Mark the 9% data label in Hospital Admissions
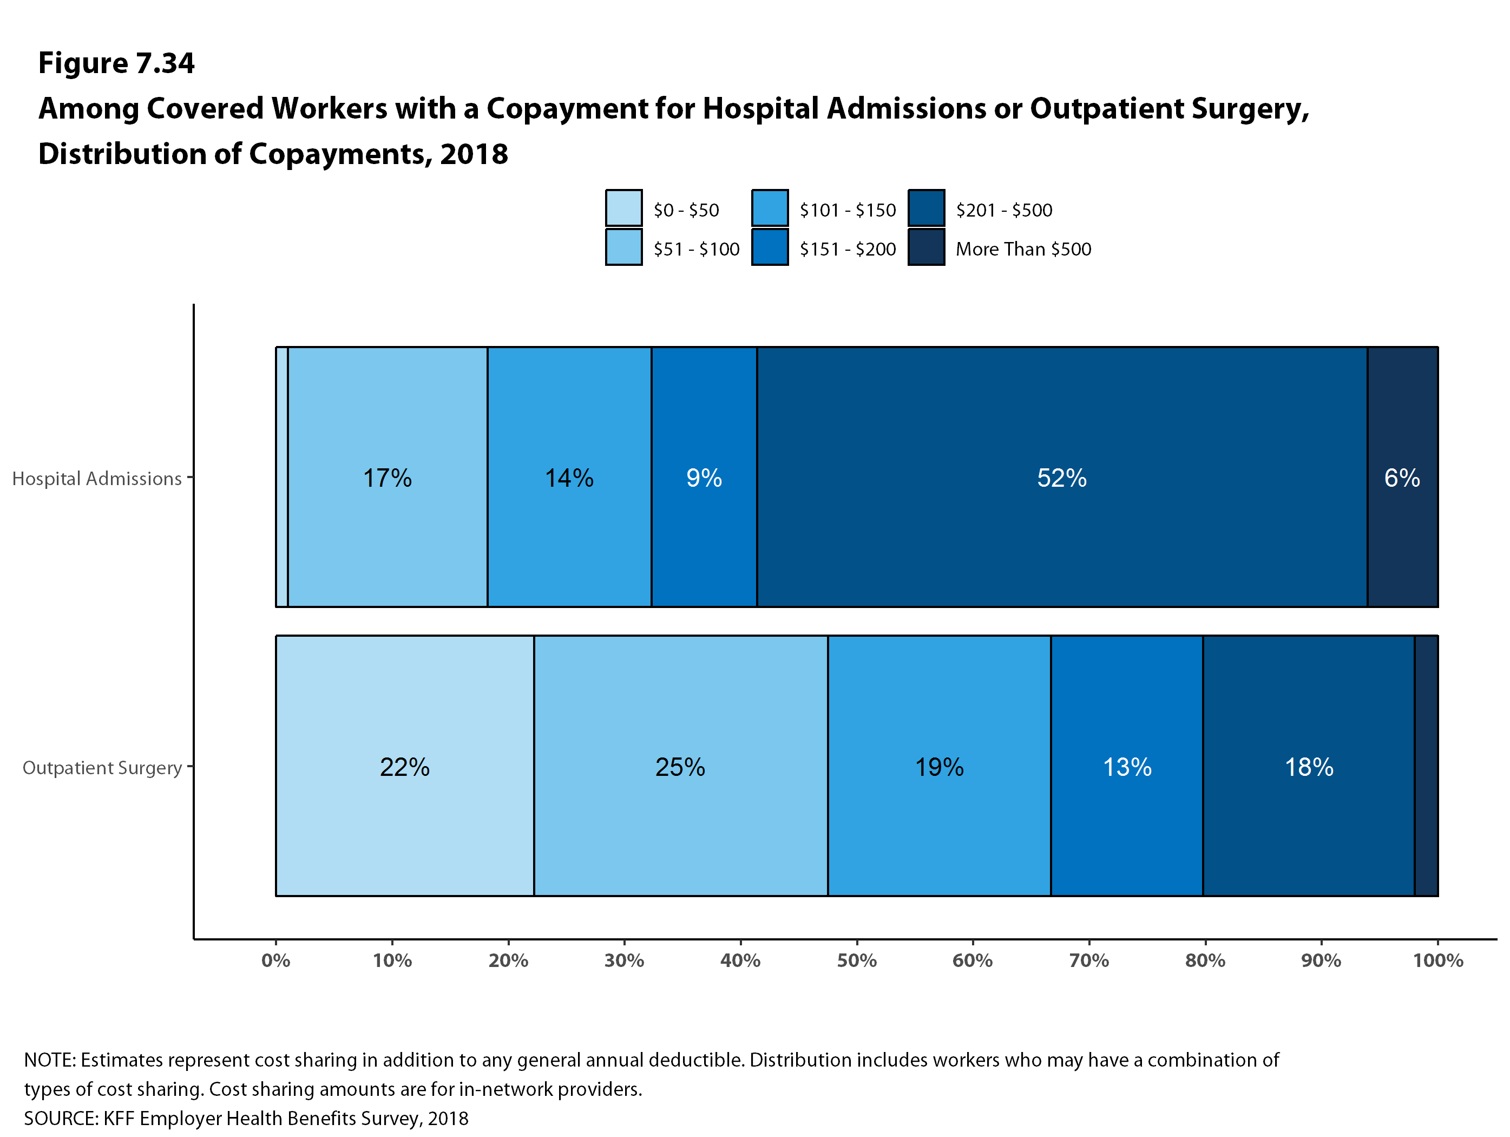(704, 478)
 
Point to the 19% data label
(940, 767)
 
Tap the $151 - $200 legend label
(847, 249)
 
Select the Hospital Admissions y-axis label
(97, 479)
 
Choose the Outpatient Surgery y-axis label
(102, 768)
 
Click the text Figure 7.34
(116, 63)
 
